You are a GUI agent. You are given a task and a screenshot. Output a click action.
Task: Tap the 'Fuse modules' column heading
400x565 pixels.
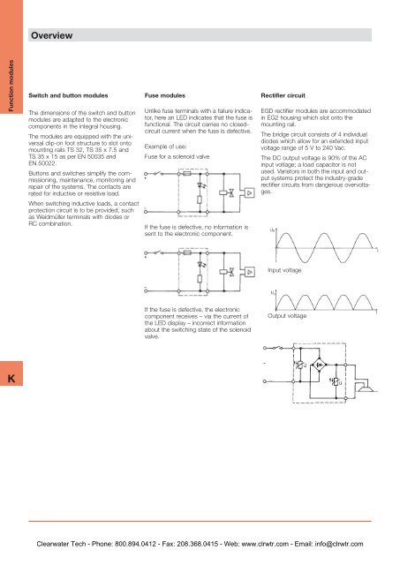163,92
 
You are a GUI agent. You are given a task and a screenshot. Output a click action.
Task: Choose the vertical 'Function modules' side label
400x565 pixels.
9,87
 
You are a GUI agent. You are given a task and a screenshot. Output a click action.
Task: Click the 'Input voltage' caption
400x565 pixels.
287,271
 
